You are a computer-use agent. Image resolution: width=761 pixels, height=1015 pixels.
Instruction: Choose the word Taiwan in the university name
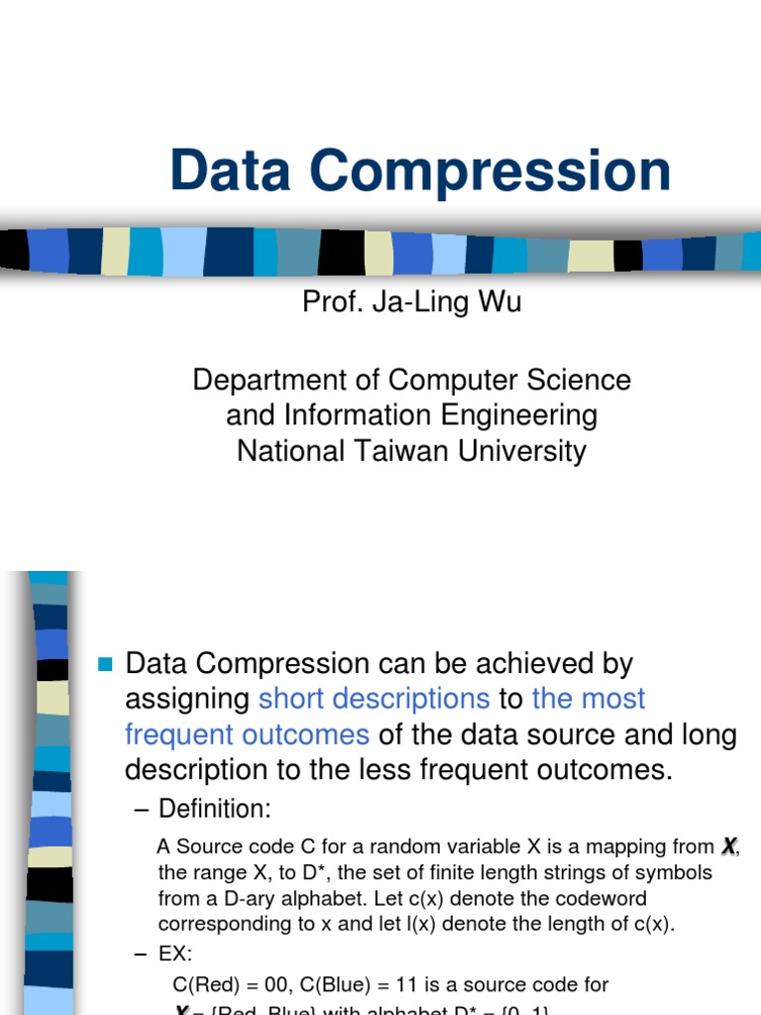pyautogui.click(x=432, y=451)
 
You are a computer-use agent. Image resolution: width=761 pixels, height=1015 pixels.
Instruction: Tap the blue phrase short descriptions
pyautogui.click(x=374, y=699)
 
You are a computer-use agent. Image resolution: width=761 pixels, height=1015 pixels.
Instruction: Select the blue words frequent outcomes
pyautogui.click(x=247, y=734)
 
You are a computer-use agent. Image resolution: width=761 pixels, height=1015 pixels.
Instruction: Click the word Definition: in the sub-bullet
pyautogui.click(x=214, y=809)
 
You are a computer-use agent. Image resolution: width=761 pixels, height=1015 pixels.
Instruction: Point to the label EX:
pyautogui.click(x=175, y=955)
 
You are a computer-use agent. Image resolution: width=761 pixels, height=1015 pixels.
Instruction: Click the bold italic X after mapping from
pyautogui.click(x=729, y=846)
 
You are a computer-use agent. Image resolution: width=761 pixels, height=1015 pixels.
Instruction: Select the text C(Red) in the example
pyautogui.click(x=206, y=984)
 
